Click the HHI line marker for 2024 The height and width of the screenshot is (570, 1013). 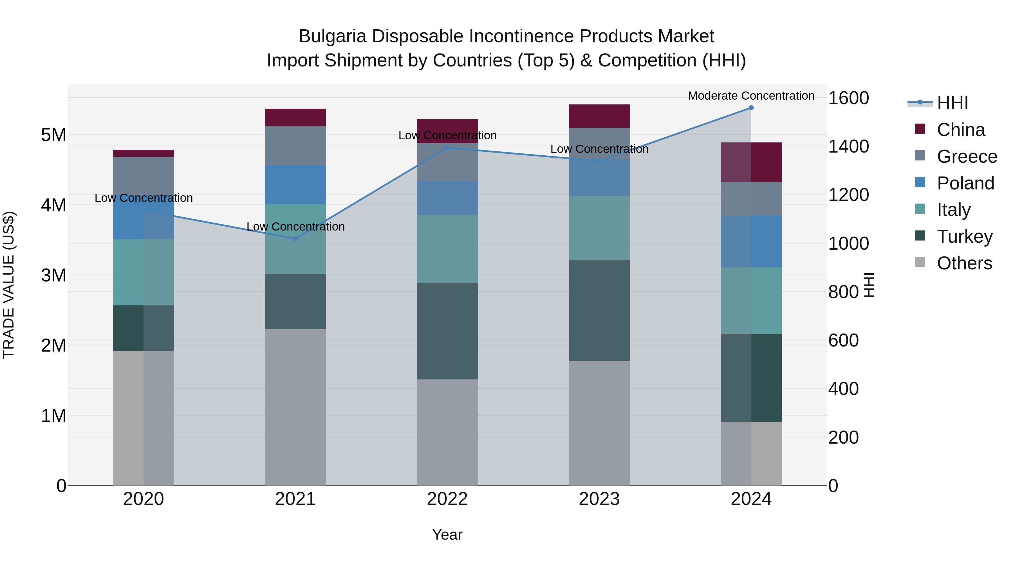coord(751,108)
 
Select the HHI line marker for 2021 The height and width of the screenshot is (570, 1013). coord(295,239)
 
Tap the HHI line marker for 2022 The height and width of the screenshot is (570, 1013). coord(447,148)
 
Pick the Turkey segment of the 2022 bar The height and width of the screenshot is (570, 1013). coord(447,331)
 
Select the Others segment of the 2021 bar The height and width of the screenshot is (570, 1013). coord(295,407)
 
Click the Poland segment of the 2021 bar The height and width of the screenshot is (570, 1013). coord(295,185)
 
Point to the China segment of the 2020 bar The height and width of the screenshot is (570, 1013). coord(144,153)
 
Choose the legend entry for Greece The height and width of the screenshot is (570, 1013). coord(967,157)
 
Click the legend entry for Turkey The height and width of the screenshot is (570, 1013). coord(964,236)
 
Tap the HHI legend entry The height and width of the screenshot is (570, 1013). coord(952,103)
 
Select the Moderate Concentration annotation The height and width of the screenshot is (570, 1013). coord(751,96)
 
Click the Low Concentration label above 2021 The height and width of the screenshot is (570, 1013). coord(295,227)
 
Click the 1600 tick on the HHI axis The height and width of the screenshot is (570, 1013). coord(848,98)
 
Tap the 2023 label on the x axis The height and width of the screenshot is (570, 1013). coord(599,499)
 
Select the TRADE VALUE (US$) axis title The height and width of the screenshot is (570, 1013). coord(9,285)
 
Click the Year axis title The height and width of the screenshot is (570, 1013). coord(447,535)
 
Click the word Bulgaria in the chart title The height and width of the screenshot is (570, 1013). coord(333,36)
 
